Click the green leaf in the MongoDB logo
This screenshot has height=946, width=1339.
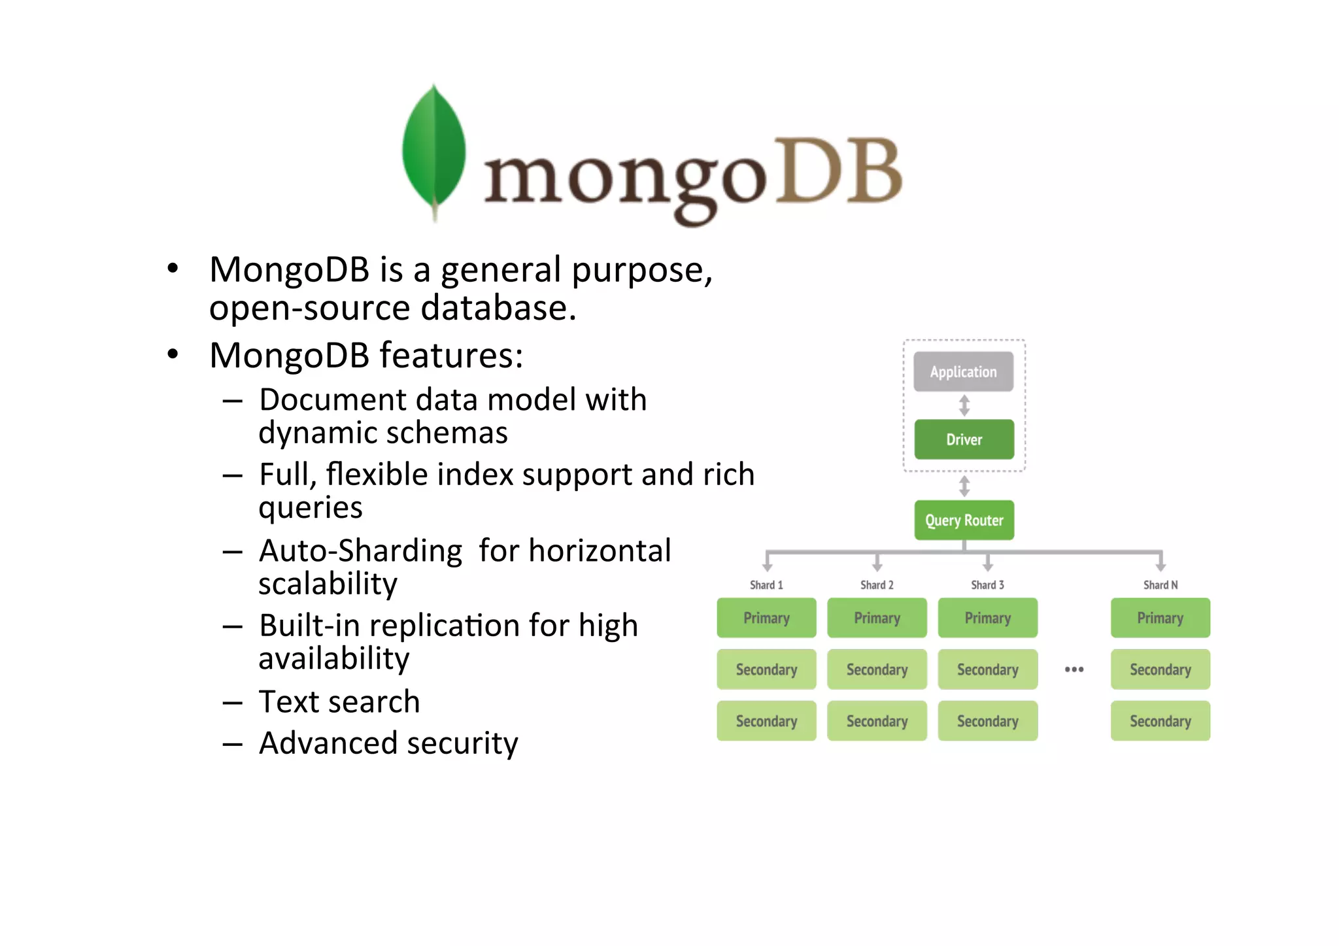coord(433,149)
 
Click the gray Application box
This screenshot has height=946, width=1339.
coord(963,372)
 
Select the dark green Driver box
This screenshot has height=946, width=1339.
coord(964,439)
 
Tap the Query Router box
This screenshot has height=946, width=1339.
coord(964,520)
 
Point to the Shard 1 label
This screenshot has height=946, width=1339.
coord(766,585)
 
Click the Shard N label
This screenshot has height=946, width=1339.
coord(1160,585)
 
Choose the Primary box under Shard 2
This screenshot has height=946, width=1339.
coord(877,618)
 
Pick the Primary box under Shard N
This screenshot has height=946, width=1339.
coord(1160,618)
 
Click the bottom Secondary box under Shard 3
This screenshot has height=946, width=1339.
coord(987,721)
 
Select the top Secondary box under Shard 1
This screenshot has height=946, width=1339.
coord(766,669)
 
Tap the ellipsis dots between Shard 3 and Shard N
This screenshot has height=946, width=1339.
coord(1074,669)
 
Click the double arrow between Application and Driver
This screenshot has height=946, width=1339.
coord(964,405)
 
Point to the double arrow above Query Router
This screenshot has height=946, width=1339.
coord(964,486)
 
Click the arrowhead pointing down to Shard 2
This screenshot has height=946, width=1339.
coord(877,566)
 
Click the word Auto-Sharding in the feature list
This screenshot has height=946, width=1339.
coord(361,550)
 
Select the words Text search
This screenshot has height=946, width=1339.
coord(339,701)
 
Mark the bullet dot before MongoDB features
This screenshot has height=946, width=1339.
coord(173,354)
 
